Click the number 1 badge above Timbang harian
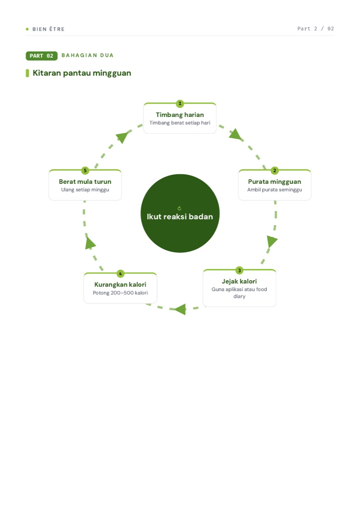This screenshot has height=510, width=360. pos(180,104)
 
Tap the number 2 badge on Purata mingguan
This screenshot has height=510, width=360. pos(275,170)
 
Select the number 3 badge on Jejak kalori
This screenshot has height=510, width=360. pos(239,270)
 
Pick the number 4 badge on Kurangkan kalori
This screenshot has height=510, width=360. pos(120,274)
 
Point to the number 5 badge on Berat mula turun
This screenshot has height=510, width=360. pos(85,170)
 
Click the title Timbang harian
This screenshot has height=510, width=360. pos(180,115)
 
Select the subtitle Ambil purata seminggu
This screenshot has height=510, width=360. pos(275,190)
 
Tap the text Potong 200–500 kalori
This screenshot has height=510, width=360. pos(120,293)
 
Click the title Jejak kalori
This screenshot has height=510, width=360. pos(239,281)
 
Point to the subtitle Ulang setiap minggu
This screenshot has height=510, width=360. pos(85,190)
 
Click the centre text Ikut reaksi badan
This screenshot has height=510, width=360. pos(180,216)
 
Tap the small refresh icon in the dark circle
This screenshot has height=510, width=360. pos(179,209)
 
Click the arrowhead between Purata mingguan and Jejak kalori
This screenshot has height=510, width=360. pos(272,241)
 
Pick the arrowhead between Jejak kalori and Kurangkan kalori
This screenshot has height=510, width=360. pos(180,309)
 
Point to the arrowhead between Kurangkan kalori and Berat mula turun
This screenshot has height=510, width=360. pos(90,243)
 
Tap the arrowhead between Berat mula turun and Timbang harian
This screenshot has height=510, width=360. pos(122,137)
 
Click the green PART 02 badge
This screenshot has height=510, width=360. pos(42,56)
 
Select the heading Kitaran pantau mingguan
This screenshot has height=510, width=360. pos(82,73)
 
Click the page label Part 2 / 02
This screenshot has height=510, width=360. pos(316,29)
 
